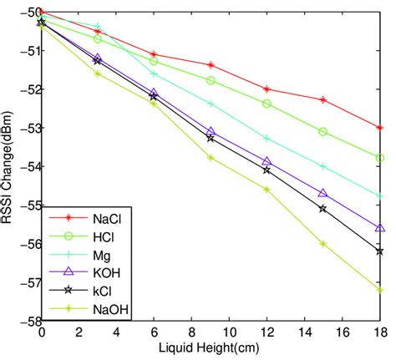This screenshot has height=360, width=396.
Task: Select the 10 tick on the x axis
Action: [x=230, y=332]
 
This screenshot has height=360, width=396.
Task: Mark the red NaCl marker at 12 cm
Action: [x=267, y=89]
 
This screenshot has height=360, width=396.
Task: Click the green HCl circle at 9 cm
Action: [x=211, y=80]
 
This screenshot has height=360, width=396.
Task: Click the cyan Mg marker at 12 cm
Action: [x=267, y=138]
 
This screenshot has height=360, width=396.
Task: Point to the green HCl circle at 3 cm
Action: [x=98, y=38]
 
